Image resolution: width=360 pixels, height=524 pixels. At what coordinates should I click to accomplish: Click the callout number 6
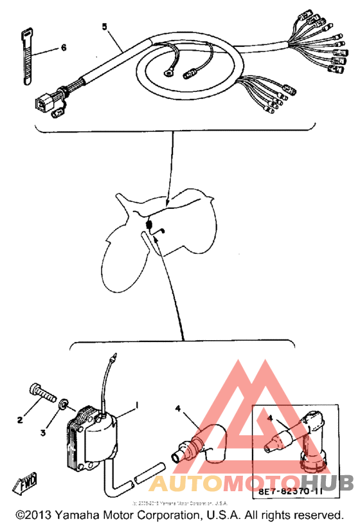[x=64, y=48]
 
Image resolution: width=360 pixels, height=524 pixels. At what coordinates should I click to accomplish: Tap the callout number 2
[x=20, y=420]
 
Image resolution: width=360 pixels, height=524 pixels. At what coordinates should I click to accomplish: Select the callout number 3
[x=44, y=433]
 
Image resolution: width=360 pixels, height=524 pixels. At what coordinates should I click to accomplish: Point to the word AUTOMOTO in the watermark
[x=228, y=483]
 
